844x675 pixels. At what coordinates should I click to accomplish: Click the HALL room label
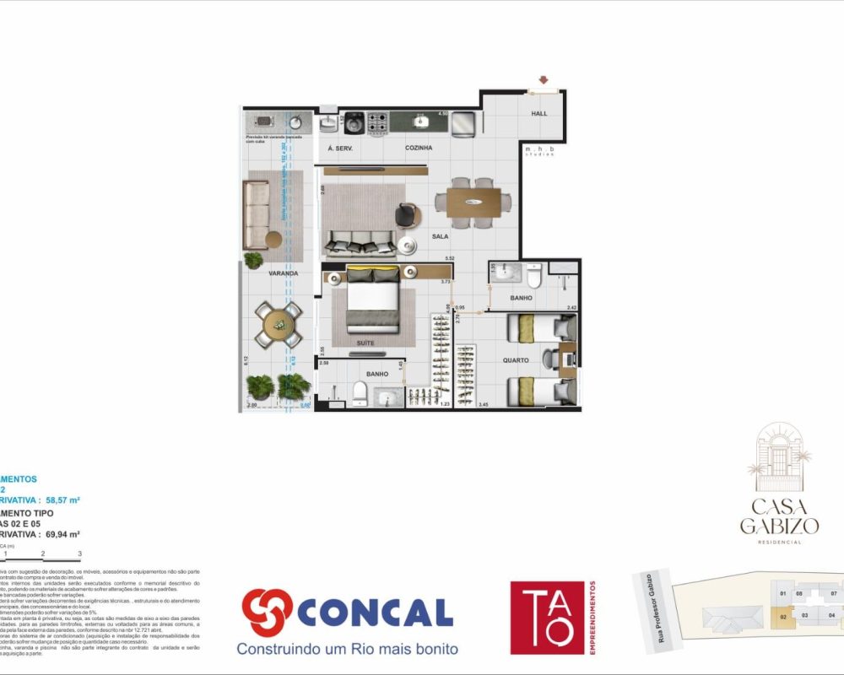(x=538, y=113)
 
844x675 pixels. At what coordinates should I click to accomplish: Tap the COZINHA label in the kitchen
(x=419, y=148)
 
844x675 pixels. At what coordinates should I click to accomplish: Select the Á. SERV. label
(x=339, y=148)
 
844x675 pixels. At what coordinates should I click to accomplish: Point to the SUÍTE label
(x=365, y=343)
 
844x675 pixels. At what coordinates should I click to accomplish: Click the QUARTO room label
(x=516, y=360)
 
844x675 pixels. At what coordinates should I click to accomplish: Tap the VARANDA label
(x=284, y=273)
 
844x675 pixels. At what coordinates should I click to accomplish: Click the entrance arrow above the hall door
(x=542, y=81)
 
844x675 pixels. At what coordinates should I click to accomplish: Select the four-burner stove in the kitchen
(x=376, y=123)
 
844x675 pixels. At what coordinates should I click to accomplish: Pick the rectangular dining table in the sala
(x=473, y=202)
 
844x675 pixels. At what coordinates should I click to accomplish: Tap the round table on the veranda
(x=278, y=323)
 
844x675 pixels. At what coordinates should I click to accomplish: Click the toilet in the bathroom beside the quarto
(x=533, y=277)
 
